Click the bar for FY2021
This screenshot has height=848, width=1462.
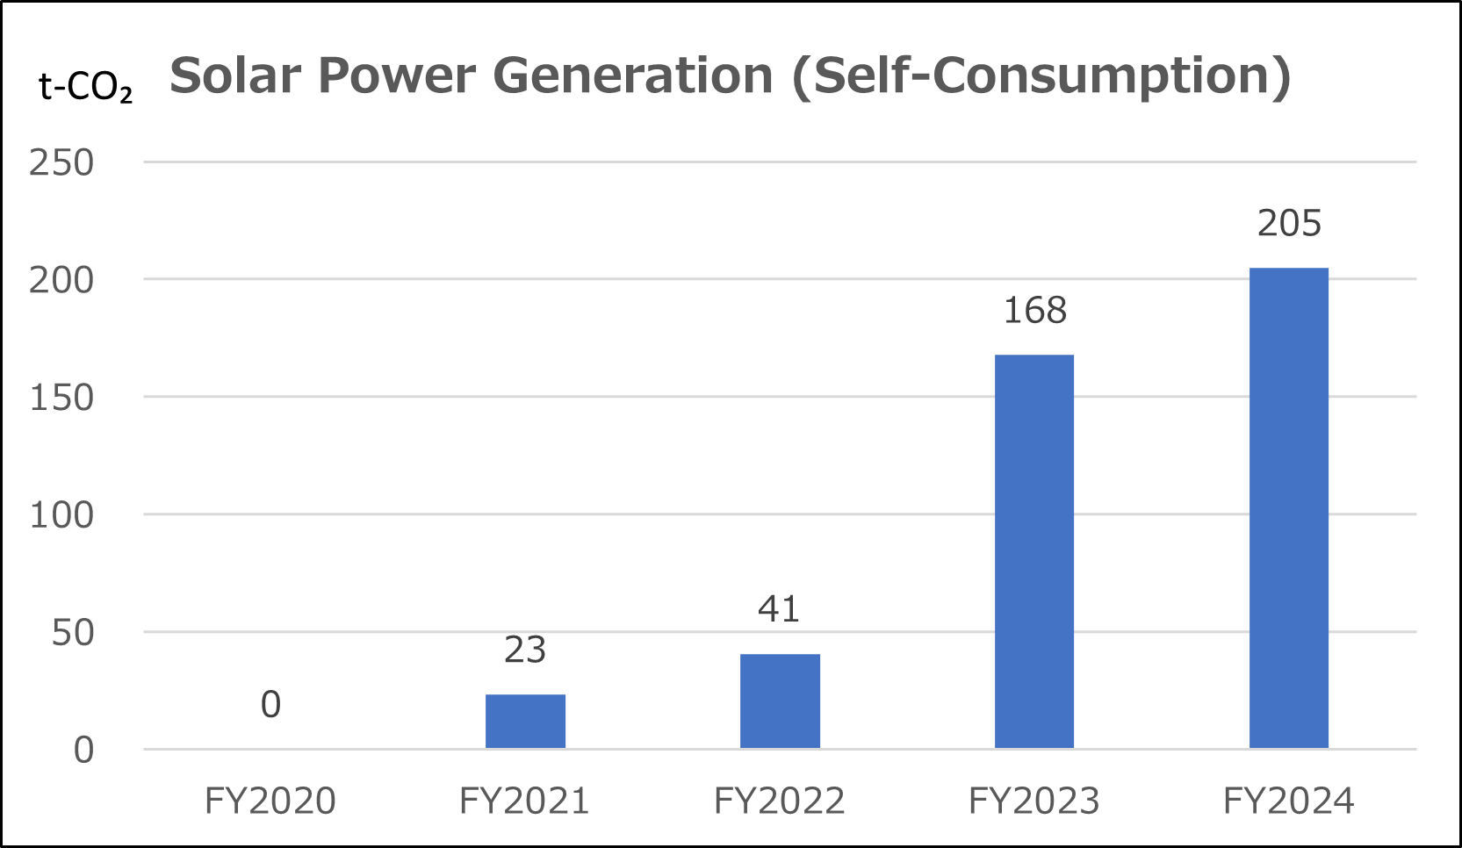(x=525, y=722)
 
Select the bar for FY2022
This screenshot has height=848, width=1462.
(x=780, y=701)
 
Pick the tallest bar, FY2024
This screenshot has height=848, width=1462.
(x=1288, y=508)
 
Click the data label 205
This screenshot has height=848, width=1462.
(x=1288, y=224)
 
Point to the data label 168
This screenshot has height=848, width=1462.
(x=1034, y=311)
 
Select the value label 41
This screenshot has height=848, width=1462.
(x=779, y=609)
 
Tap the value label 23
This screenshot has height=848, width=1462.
(x=525, y=650)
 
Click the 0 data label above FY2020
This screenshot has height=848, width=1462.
(x=270, y=705)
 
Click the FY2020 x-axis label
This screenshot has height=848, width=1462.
(x=270, y=801)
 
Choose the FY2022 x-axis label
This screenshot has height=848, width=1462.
(x=780, y=801)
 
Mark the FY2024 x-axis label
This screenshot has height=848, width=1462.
(x=1288, y=801)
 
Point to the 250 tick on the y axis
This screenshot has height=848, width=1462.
(x=61, y=163)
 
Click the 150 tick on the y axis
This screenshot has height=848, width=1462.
(x=61, y=399)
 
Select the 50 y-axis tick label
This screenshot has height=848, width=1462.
(x=72, y=633)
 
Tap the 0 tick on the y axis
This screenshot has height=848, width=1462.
(x=83, y=751)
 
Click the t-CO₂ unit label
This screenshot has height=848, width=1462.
(x=86, y=87)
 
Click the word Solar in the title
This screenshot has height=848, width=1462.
(x=235, y=75)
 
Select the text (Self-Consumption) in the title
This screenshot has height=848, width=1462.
(x=1041, y=75)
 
